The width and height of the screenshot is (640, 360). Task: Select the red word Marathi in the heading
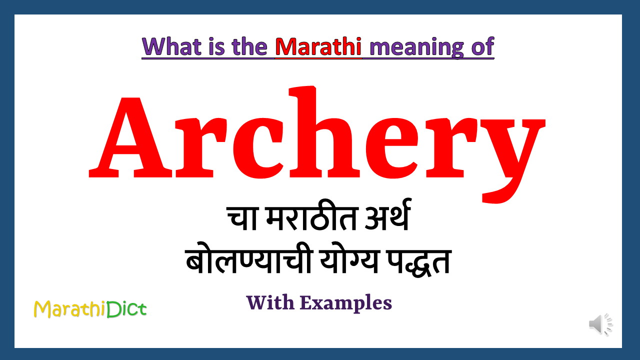point(318,47)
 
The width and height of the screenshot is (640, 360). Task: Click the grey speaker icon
point(600,324)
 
